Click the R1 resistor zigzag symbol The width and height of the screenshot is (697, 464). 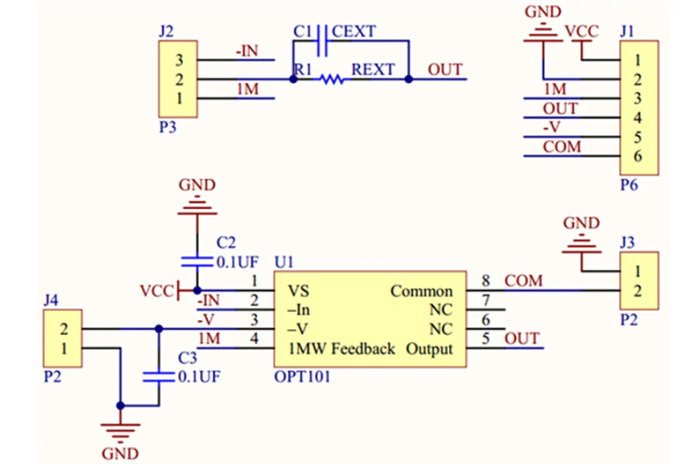(332, 79)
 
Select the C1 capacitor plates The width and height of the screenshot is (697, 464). (322, 41)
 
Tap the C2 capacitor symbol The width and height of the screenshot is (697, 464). (197, 262)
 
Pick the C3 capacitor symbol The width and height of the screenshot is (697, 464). (159, 377)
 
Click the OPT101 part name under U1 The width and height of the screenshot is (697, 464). (302, 377)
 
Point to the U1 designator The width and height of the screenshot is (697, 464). (284, 262)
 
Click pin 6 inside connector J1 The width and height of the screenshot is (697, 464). (638, 156)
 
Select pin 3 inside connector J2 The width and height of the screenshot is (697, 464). (179, 60)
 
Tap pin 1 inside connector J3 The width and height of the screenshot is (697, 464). (638, 272)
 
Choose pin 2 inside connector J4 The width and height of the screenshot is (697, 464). (64, 329)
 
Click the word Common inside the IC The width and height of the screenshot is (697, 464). (421, 291)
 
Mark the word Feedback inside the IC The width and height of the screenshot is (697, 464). (363, 349)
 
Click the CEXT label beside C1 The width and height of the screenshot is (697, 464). (354, 32)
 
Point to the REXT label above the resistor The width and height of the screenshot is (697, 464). (373, 69)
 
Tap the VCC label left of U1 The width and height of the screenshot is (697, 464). (157, 291)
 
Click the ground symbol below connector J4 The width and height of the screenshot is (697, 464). (121, 433)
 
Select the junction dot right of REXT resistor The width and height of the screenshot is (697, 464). (409, 79)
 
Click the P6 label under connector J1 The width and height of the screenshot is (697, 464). (629, 185)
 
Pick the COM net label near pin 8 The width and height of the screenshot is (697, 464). (524, 281)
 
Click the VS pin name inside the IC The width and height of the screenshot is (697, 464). (299, 291)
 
